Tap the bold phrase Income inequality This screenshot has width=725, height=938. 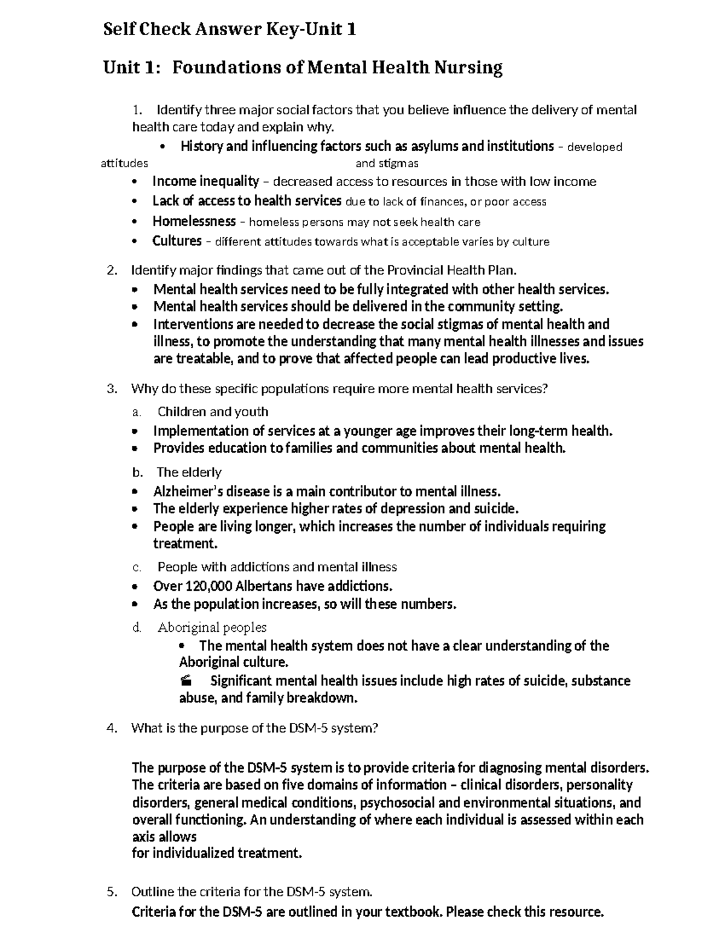pyautogui.click(x=205, y=181)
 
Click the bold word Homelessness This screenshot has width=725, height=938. pyautogui.click(x=194, y=221)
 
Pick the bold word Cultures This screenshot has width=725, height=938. pyautogui.click(x=176, y=241)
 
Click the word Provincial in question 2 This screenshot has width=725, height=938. pyautogui.click(x=414, y=270)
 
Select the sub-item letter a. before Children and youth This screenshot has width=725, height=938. pyautogui.click(x=137, y=412)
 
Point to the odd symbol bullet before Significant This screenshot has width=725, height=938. pyautogui.click(x=186, y=681)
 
